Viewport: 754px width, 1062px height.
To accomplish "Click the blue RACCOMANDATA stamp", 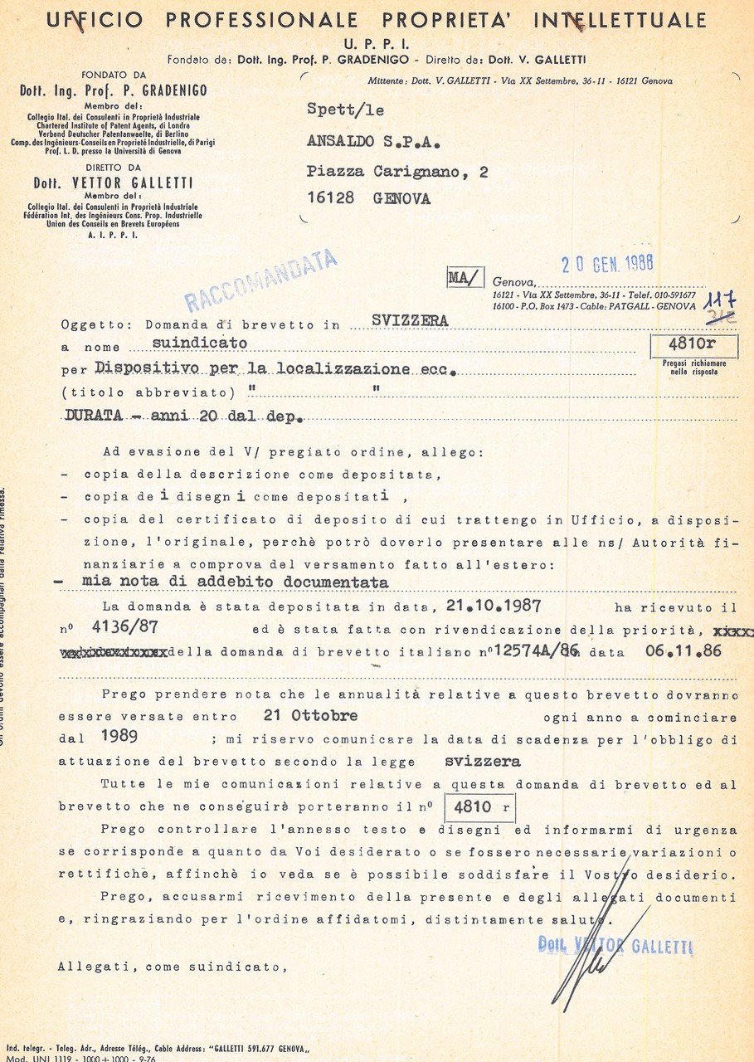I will [x=260, y=280].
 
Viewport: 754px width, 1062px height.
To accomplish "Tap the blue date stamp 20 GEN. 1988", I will [x=607, y=264].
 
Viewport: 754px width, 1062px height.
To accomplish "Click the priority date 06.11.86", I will [x=683, y=651].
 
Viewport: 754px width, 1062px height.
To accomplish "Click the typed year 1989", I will [x=119, y=737].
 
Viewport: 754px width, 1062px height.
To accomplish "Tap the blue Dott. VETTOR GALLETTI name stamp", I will [x=615, y=946].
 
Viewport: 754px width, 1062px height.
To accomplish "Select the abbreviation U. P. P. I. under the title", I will [x=376, y=43].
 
